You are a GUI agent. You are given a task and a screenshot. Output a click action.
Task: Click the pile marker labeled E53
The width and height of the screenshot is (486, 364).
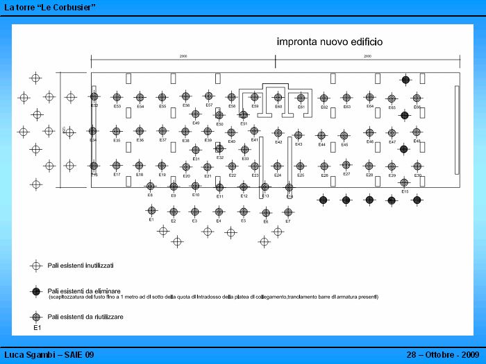(117, 98)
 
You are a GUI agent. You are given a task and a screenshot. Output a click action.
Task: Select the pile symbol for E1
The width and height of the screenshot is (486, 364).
(151, 210)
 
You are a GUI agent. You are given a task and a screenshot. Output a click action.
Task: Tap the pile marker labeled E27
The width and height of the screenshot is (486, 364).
(346, 165)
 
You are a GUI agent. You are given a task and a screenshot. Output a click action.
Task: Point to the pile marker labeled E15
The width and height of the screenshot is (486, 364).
(404, 182)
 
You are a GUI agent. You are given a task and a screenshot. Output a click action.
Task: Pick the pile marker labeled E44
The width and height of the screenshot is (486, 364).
(321, 136)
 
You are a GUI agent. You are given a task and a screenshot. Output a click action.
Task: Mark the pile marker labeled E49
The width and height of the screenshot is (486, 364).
(196, 114)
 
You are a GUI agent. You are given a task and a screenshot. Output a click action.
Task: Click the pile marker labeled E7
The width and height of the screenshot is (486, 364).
(288, 212)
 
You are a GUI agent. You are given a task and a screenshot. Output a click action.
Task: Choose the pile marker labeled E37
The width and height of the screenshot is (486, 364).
(162, 130)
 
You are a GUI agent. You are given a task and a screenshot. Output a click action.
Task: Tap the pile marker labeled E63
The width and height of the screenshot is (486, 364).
(346, 98)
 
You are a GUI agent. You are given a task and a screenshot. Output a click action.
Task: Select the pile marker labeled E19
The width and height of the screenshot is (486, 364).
(162, 166)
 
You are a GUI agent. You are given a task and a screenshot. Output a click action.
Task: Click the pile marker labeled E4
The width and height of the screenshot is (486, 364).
(218, 211)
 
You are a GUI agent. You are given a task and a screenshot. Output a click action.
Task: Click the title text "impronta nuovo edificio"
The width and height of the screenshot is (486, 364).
(329, 42)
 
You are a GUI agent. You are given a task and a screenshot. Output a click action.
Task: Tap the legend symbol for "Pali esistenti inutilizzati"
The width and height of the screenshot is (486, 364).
(35, 266)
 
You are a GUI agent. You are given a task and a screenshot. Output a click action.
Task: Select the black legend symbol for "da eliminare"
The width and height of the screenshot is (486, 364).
(35, 291)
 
